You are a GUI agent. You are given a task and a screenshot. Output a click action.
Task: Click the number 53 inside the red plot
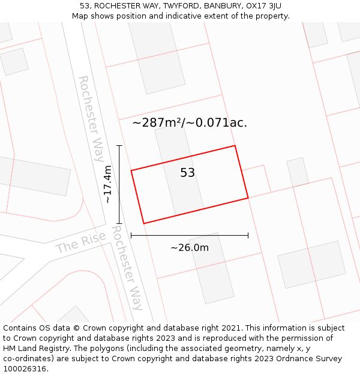pos(188,173)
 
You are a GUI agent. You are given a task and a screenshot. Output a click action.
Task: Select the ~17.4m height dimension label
pos(108,184)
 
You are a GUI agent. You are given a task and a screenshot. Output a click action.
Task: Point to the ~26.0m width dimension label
pos(190,248)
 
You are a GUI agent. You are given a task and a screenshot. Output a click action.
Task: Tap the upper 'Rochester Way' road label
pos(91,118)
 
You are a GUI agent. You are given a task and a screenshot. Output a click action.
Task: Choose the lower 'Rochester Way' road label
pos(127,268)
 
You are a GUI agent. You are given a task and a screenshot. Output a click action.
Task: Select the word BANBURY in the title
pos(222,6)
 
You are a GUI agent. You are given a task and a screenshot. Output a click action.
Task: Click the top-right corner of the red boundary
pos(235,146)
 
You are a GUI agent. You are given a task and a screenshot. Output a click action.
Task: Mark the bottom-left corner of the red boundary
pos(143,223)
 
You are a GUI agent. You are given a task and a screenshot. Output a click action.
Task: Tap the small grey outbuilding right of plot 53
pos(297,172)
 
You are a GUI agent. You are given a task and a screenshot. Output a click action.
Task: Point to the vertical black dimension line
pos(119,184)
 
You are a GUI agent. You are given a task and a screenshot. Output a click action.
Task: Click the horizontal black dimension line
pos(190,236)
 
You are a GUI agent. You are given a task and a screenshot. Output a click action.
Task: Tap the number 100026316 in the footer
pos(26,368)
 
